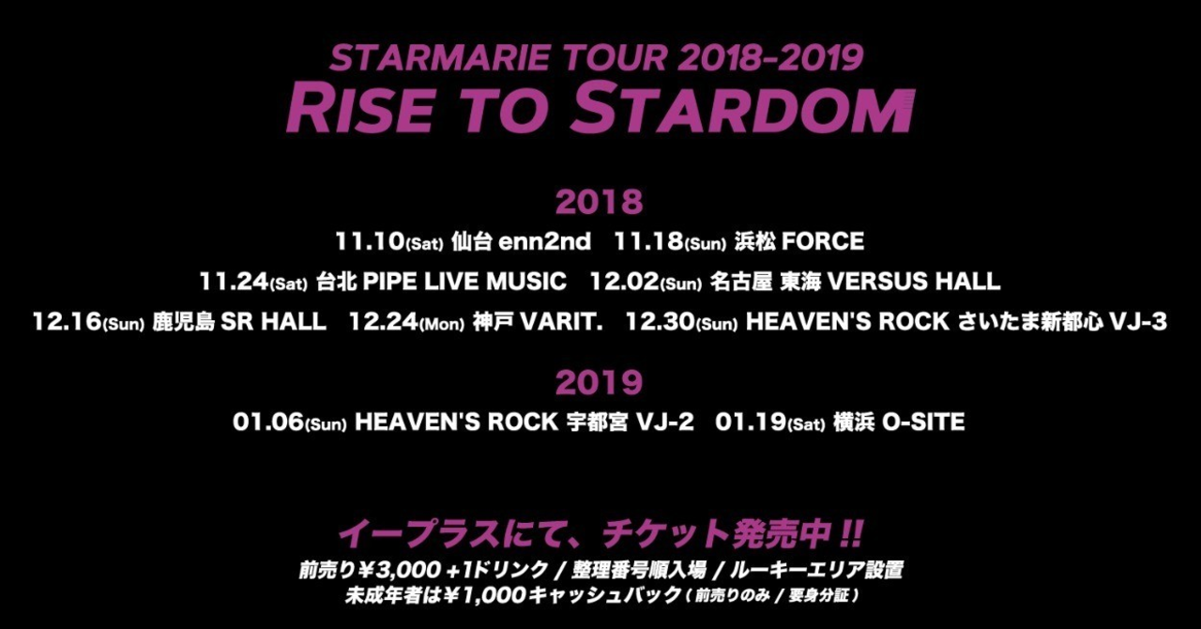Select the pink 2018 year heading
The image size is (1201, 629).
tap(599, 203)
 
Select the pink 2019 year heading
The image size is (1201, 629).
tap(599, 383)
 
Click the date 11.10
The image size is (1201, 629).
tap(370, 241)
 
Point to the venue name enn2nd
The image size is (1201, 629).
tap(545, 241)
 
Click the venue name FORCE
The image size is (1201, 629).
tap(823, 241)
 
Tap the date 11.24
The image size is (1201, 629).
tap(234, 282)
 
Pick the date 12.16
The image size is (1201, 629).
tap(67, 322)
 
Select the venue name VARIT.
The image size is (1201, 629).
tap(561, 322)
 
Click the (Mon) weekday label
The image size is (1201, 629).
tap(442, 324)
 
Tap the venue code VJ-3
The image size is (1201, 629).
tap(1138, 322)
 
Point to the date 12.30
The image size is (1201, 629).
tap(660, 322)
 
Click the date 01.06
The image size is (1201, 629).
tap(268, 422)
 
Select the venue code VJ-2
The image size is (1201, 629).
tap(665, 422)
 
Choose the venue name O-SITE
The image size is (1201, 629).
tap(923, 422)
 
